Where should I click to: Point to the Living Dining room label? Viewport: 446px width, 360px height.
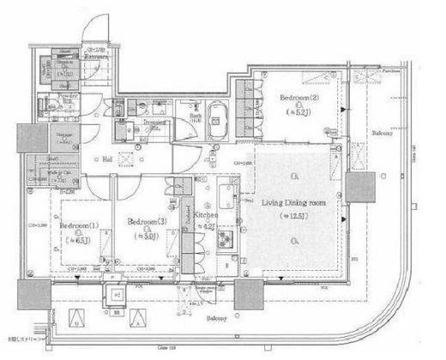(292, 203)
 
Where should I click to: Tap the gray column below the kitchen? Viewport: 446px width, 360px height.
(249, 295)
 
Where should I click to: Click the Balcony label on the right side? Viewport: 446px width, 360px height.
(383, 134)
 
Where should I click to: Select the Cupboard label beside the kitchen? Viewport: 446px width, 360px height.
(187, 219)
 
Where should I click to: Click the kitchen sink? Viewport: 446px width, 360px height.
(228, 193)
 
